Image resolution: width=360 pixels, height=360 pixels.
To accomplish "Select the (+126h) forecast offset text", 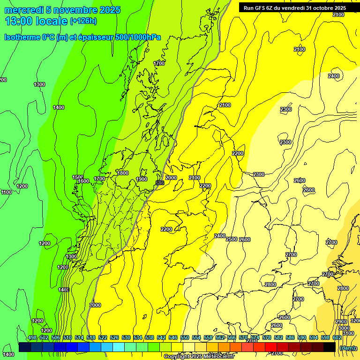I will click(x=83, y=21).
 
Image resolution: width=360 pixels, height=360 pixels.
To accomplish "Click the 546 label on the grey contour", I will click(x=159, y=182).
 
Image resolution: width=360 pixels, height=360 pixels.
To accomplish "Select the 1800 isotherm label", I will click(x=123, y=173).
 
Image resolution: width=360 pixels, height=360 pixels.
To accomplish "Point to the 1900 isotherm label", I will click(x=142, y=179).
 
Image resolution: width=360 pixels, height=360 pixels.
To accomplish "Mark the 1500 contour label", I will click(x=78, y=177).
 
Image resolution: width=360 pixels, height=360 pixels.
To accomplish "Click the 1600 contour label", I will click(x=83, y=181).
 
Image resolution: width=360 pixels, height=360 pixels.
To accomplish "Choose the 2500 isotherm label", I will click(x=232, y=240).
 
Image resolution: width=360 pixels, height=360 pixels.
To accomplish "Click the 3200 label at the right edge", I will click(x=355, y=321).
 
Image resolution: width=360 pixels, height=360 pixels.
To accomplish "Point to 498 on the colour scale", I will click(x=32, y=337).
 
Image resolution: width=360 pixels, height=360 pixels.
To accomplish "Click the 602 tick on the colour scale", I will click(x=337, y=337).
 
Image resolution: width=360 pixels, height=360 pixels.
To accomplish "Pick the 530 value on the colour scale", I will click(x=126, y=337).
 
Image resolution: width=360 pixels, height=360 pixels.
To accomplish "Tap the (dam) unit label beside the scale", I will click(x=347, y=348).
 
